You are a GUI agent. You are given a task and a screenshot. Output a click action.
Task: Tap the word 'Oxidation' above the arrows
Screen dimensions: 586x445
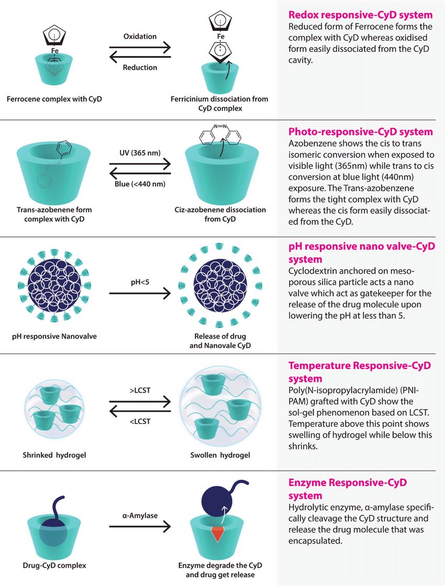click(x=140, y=37)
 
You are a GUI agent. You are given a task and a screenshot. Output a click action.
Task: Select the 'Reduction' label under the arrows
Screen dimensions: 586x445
click(x=140, y=68)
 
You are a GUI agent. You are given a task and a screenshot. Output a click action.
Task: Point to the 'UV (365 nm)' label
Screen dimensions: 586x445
click(x=140, y=153)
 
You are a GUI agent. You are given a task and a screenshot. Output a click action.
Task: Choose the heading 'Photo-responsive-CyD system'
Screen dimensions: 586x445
click(x=361, y=132)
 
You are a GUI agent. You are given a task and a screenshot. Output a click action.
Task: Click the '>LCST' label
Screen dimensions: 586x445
click(x=140, y=390)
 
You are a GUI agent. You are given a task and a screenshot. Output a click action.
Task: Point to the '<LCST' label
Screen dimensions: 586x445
click(x=140, y=421)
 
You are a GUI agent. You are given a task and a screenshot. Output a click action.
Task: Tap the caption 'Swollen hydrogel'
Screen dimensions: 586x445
click(x=220, y=454)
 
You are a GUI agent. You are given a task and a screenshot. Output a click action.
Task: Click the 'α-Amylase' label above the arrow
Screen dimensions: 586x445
click(x=140, y=515)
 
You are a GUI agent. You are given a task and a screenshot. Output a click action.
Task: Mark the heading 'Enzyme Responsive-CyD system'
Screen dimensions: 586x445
click(x=348, y=489)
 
